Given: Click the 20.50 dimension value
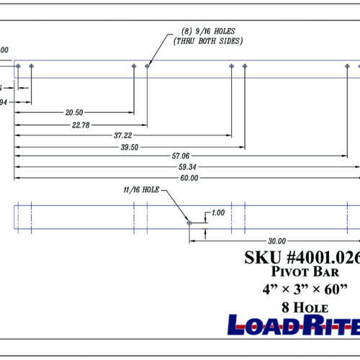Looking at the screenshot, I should click(x=73, y=113).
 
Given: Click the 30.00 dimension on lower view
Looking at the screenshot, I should click(x=276, y=241).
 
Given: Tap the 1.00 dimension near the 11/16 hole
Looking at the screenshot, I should click(x=218, y=214).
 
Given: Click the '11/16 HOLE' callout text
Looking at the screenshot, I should click(x=140, y=191).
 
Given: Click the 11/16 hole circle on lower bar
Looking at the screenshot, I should click(x=189, y=223).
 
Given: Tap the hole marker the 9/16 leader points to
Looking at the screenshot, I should click(x=148, y=66).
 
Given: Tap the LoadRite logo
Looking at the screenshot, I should click(x=294, y=325).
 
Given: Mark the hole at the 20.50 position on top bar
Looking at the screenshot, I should click(x=134, y=66).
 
